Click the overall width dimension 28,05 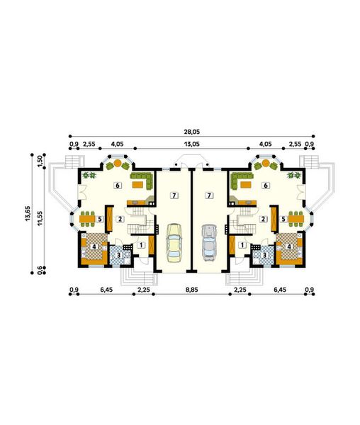coord(191,131)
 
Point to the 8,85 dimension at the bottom coord(191,289)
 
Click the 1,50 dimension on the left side coord(41,161)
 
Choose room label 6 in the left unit coord(117,185)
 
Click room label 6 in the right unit coord(265,185)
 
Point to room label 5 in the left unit coord(100,219)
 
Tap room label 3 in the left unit coord(118,254)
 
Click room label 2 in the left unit coord(120,219)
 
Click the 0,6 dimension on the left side coord(41,269)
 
